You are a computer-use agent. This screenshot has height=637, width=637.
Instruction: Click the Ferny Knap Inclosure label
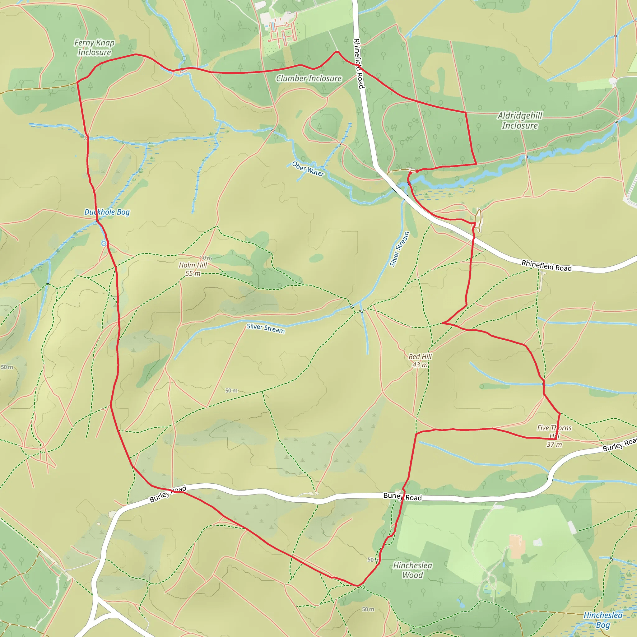[94, 48]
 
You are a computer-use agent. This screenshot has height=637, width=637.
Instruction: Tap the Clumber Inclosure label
[309, 78]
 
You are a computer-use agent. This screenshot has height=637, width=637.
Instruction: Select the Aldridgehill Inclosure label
[520, 120]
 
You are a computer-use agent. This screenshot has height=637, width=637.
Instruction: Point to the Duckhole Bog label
[107, 212]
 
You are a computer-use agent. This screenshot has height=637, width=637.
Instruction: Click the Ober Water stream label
[308, 169]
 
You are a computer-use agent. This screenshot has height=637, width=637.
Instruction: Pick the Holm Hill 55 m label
[193, 269]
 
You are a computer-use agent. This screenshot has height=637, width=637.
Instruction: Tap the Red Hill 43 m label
[420, 361]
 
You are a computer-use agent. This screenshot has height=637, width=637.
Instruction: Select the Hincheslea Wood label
[412, 570]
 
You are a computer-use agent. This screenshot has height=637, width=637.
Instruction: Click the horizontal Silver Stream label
[266, 328]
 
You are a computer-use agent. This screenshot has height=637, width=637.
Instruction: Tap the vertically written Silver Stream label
[399, 249]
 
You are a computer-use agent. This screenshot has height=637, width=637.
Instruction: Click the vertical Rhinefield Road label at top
[359, 64]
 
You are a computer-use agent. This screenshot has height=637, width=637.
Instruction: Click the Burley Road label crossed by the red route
[168, 494]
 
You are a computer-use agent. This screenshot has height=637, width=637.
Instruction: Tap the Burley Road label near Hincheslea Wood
[402, 497]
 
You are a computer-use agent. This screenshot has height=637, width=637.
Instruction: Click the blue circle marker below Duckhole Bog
[104, 243]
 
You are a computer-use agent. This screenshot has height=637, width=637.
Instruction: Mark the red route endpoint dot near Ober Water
[417, 171]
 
